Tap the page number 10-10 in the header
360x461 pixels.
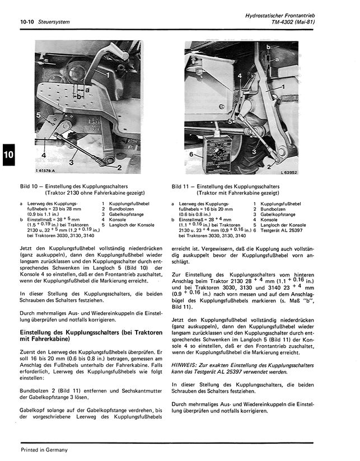(x=26, y=22)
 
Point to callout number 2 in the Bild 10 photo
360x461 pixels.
(x=119, y=167)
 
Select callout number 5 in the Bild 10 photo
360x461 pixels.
(x=38, y=114)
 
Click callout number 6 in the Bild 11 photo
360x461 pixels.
(x=191, y=153)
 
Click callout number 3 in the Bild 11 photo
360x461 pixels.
(x=255, y=151)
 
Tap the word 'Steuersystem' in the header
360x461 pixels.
(x=54, y=22)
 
